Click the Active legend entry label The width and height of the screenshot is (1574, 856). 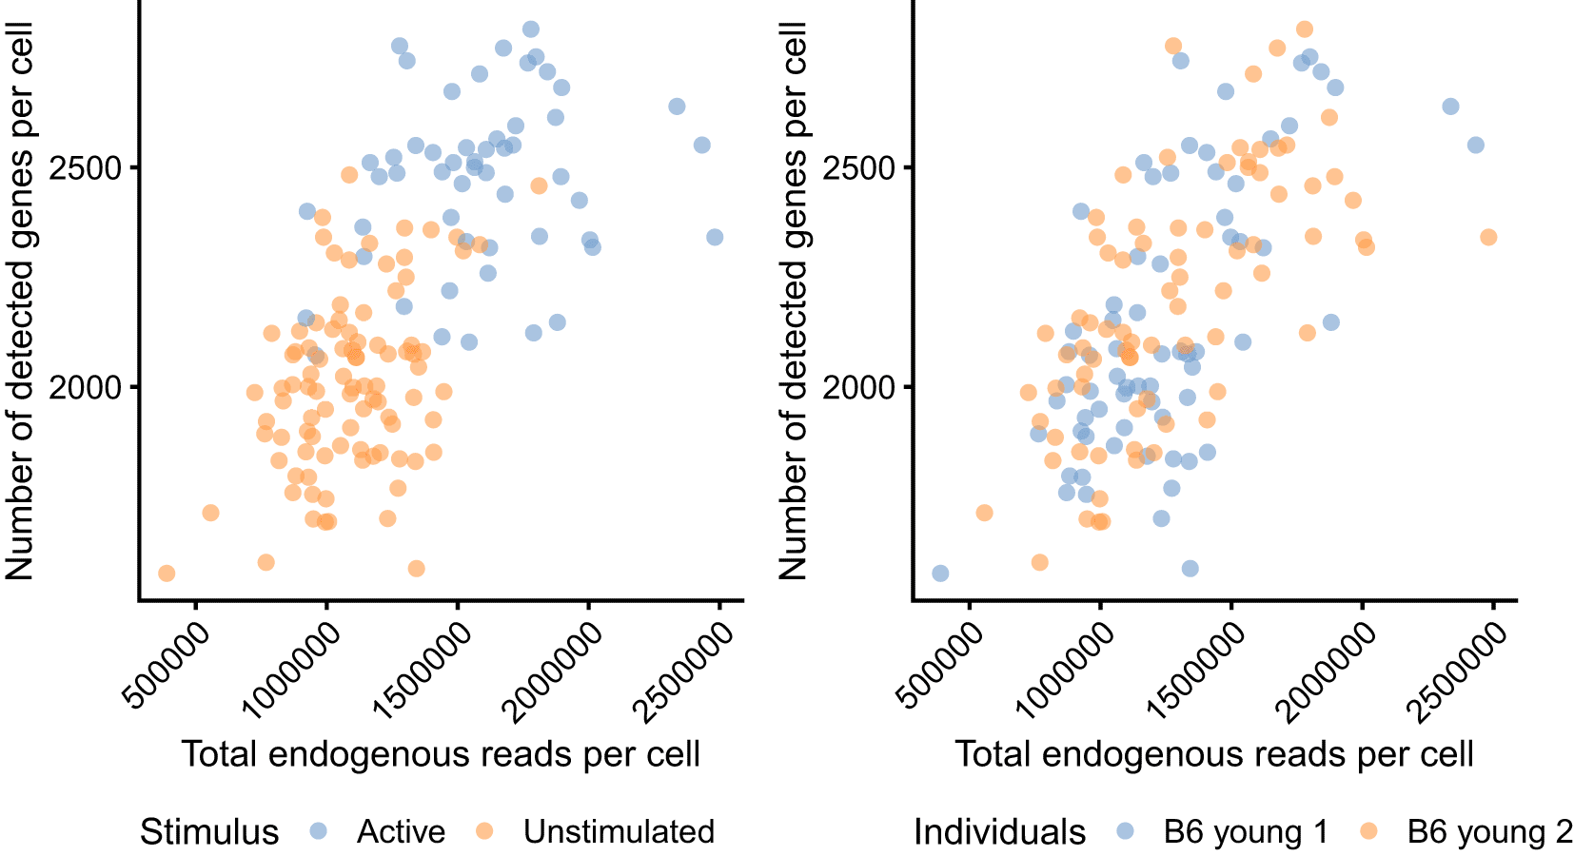[x=401, y=832]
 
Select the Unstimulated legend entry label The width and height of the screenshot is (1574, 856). [x=619, y=832]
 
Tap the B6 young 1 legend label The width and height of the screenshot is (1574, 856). [x=1246, y=832]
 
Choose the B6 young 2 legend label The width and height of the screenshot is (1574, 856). [x=1489, y=832]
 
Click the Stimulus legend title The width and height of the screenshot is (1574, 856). [x=209, y=832]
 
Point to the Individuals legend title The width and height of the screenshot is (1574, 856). [x=999, y=832]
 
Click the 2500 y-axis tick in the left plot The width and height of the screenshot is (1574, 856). [x=87, y=168]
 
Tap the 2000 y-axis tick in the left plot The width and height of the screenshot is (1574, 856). [x=87, y=388]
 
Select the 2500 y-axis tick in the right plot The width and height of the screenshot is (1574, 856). [x=860, y=168]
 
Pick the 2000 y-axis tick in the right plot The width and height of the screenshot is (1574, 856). [x=860, y=388]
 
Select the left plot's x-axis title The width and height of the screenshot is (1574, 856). [x=441, y=754]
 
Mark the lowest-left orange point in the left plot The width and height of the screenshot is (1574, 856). [x=167, y=573]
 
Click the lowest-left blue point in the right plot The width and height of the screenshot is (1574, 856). [x=940, y=573]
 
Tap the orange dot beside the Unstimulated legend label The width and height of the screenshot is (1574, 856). [x=484, y=831]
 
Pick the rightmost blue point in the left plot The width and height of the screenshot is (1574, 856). [x=715, y=237]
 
